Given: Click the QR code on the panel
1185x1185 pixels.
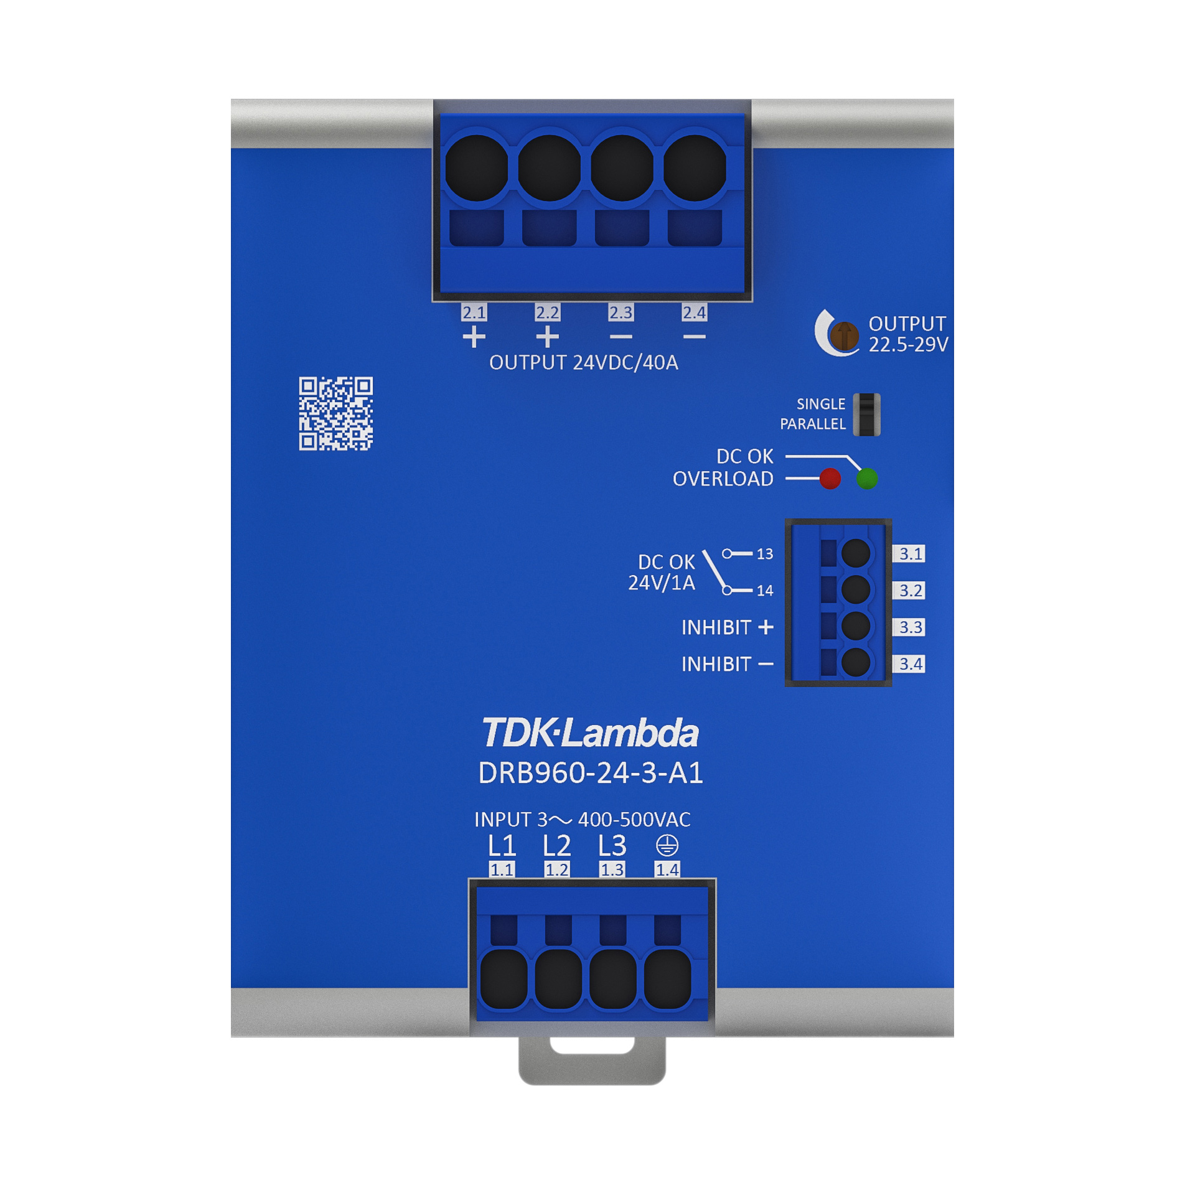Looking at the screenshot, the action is (x=335, y=413).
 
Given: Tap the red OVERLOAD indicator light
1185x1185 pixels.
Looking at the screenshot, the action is (x=830, y=479).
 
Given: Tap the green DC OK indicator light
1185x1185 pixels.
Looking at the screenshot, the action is (x=867, y=479).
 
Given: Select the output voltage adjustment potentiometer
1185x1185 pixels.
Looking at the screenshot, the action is (x=844, y=335).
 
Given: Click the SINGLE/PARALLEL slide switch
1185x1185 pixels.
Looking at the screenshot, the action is (x=866, y=415).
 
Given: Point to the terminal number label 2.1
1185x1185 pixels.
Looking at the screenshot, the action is (x=474, y=312).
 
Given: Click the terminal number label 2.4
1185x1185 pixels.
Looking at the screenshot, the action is (x=694, y=312).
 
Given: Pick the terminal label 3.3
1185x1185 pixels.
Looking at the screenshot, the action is (x=910, y=627).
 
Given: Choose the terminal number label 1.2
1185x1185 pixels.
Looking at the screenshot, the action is (x=556, y=869).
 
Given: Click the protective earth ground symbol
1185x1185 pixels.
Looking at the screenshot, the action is (x=667, y=845).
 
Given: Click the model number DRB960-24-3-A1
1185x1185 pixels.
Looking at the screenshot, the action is (x=591, y=773).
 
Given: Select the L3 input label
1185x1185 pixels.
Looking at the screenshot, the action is (x=612, y=846).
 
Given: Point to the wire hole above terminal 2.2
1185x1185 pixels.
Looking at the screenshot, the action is (x=549, y=168).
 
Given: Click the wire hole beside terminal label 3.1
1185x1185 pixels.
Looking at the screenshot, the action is (x=856, y=553).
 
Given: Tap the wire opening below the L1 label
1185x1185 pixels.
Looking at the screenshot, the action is (x=504, y=978).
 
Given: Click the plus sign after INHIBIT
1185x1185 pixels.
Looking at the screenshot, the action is (x=766, y=627).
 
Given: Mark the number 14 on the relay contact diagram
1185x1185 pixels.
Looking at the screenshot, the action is (x=765, y=591).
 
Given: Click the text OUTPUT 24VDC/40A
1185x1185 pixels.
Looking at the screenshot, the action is (x=584, y=363).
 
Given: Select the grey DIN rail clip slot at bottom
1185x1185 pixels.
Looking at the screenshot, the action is (x=592, y=1046).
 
